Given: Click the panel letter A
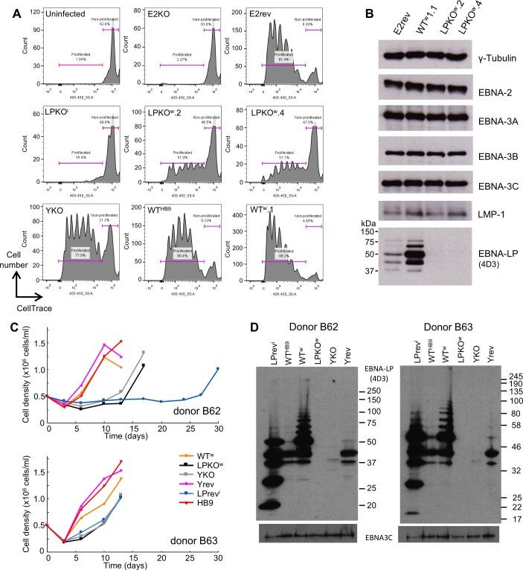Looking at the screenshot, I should pyautogui.click(x=7, y=7).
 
